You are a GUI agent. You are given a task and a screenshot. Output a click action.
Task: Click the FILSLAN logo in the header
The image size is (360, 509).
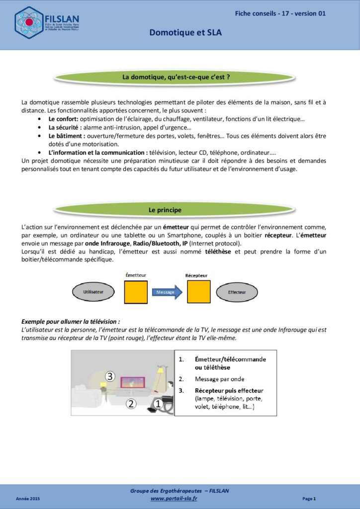click(x=48, y=23)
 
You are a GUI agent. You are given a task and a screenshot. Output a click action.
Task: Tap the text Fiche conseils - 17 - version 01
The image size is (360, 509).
click(x=280, y=13)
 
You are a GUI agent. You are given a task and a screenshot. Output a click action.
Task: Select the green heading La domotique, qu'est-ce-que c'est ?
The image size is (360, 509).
click(x=179, y=77)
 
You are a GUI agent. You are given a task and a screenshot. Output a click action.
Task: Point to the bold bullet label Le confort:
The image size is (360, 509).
click(x=63, y=119)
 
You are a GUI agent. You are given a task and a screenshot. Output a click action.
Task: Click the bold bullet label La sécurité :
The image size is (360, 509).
click(x=65, y=128)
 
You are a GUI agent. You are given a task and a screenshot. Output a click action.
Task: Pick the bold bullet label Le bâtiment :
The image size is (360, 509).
click(x=67, y=136)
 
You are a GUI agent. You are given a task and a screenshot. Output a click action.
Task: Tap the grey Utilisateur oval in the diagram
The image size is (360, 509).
click(x=93, y=292)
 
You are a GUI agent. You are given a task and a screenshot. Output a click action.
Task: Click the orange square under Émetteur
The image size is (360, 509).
click(x=136, y=292)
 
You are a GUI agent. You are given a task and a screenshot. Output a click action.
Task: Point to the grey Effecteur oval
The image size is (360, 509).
click(x=237, y=292)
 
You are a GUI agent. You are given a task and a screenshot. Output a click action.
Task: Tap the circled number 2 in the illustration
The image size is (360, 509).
click(x=131, y=404)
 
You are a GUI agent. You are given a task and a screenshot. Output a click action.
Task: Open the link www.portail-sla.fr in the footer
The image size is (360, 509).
click(x=174, y=498)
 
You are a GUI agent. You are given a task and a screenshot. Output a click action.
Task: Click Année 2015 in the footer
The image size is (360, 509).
click(x=28, y=498)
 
